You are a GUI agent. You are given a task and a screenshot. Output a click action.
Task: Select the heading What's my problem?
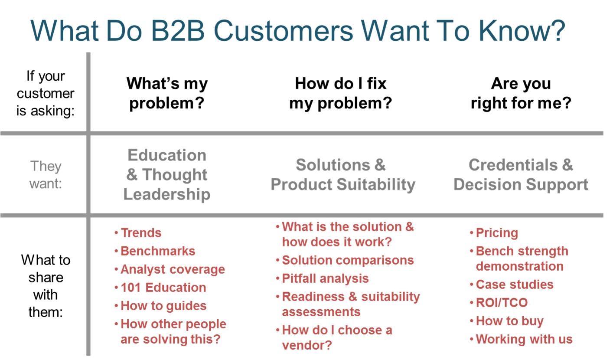[x=167, y=93]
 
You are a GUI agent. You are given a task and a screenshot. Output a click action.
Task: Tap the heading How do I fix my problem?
[x=341, y=93]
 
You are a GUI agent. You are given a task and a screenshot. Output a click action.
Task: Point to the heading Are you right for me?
[x=521, y=93]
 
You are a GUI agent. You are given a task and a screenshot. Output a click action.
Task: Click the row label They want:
[x=46, y=175]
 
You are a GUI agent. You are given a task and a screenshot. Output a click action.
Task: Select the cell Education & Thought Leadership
[x=167, y=175]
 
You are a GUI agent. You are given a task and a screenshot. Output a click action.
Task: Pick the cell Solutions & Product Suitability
[x=343, y=175]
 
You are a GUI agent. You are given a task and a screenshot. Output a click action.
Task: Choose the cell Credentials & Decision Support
[x=521, y=175]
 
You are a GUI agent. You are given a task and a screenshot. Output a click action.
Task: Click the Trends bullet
[x=138, y=233]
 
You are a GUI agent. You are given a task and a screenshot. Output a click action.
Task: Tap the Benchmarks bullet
[x=155, y=251]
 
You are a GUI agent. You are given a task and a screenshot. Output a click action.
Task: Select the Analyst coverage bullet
[x=170, y=270]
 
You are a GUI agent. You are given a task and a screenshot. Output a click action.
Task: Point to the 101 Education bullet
[x=160, y=288]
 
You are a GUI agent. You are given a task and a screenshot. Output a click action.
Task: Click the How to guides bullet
[x=160, y=306]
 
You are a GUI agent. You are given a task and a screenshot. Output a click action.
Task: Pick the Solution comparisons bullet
[x=345, y=260]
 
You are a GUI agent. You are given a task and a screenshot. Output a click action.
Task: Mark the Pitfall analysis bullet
[x=323, y=279]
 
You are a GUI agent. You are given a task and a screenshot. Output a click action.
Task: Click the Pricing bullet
[x=494, y=233]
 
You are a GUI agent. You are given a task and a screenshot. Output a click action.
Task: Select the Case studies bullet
[x=512, y=285]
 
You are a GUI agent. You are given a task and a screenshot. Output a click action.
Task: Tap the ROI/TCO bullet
[x=499, y=303]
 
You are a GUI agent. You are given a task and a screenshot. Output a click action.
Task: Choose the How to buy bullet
[x=507, y=321]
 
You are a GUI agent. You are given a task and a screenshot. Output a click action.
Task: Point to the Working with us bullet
[x=522, y=339]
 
